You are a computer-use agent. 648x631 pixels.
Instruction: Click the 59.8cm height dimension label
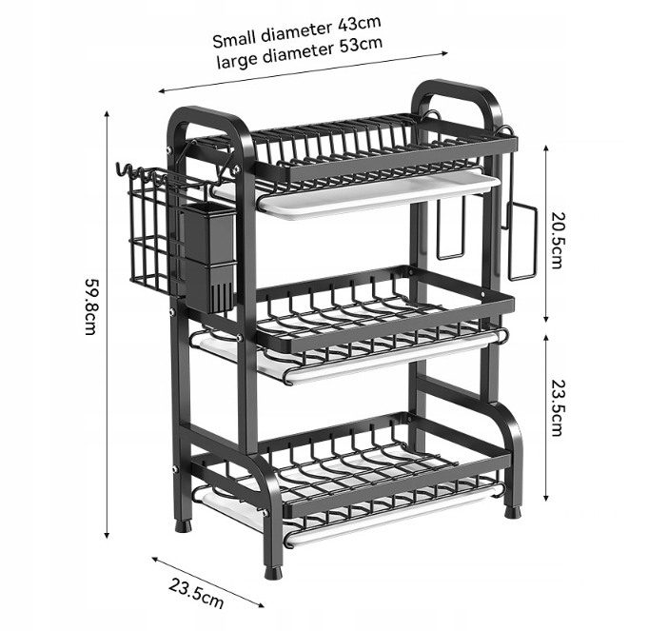tap(90, 306)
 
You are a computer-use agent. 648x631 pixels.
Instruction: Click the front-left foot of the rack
tap(274, 569)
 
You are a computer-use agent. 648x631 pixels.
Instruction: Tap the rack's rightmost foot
tap(512, 509)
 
